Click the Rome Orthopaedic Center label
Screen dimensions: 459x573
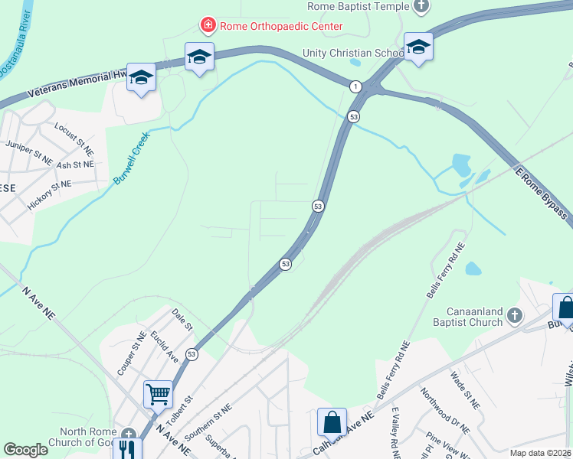point(281,26)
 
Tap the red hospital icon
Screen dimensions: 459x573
point(207,25)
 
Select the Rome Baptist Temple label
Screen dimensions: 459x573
point(359,6)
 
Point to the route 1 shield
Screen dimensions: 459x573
point(356,86)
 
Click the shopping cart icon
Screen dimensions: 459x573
point(158,395)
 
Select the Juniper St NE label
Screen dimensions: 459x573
point(28,152)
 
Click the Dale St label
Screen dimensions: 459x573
point(182,319)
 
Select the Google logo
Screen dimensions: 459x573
point(25,450)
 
